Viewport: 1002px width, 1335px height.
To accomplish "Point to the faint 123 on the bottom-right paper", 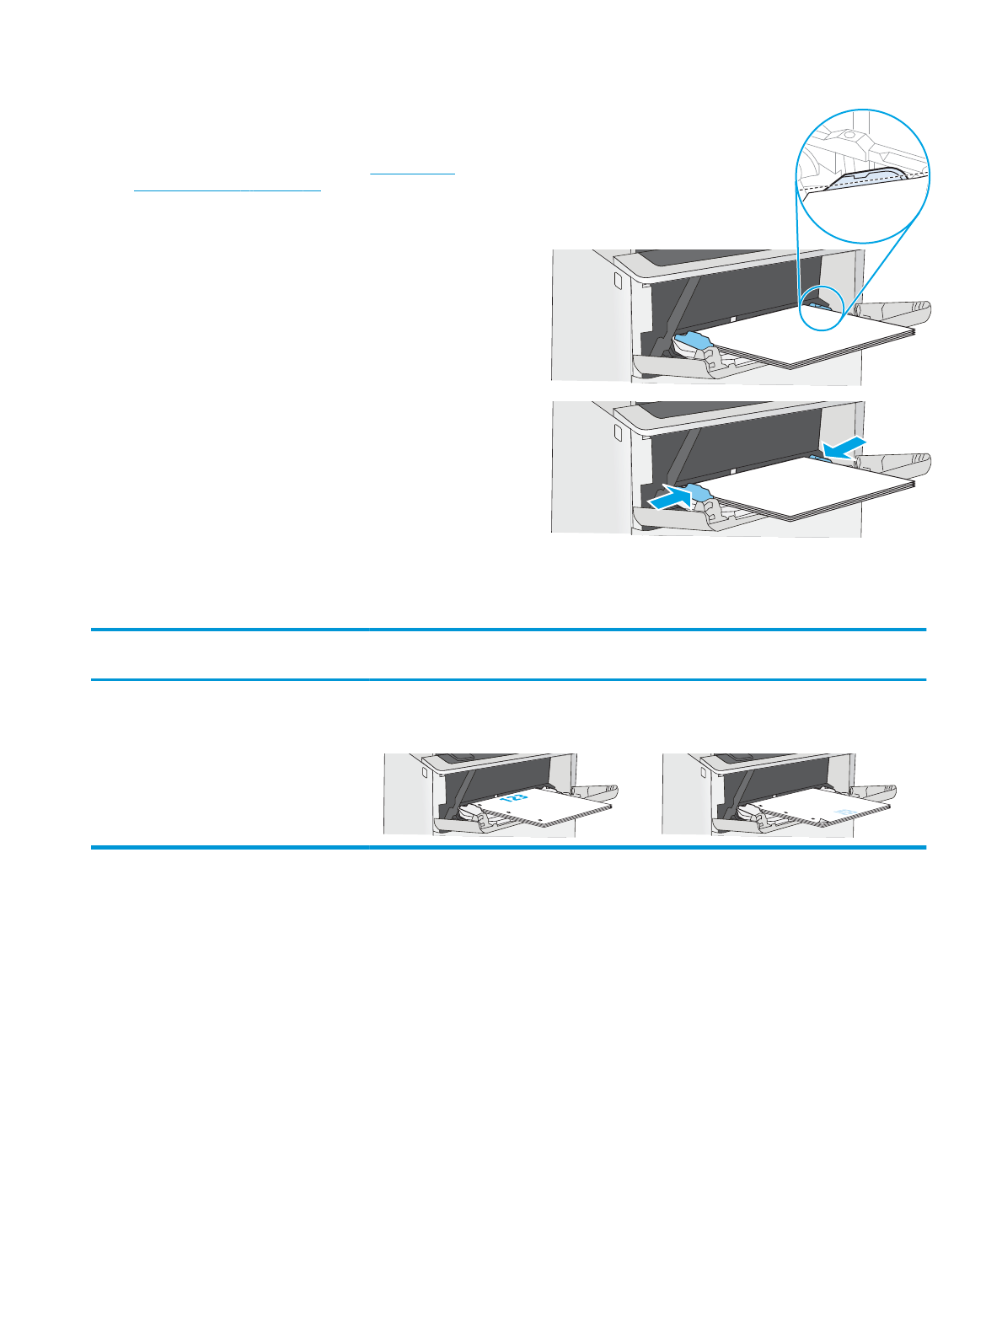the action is point(844,812).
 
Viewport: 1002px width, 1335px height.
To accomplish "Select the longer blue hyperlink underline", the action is point(228,190).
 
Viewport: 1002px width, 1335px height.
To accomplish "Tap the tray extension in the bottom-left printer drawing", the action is point(597,792).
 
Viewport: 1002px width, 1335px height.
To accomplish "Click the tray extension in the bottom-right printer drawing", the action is point(876,792).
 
